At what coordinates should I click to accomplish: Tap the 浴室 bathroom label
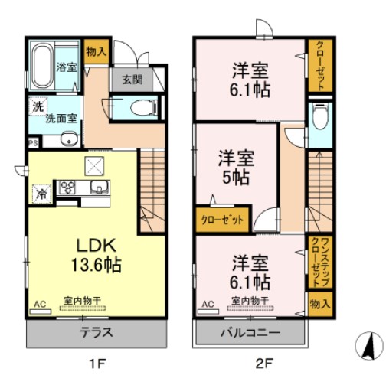pos(67,67)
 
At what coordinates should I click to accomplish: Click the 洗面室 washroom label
pos(58,119)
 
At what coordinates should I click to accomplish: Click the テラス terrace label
pos(97,333)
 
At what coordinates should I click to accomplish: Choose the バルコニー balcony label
pos(250,333)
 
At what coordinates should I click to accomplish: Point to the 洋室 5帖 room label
pos(235,168)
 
